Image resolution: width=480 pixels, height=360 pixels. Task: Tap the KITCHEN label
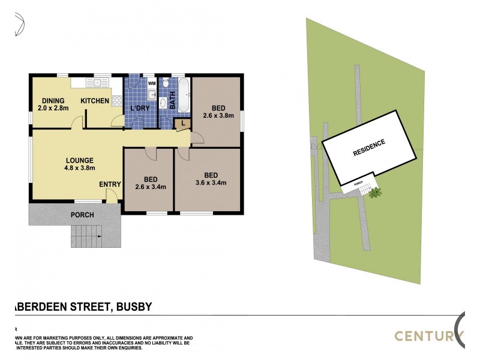(x=95, y=101)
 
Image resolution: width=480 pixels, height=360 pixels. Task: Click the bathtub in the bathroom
(x=183, y=94)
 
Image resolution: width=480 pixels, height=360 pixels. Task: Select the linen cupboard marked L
(x=182, y=124)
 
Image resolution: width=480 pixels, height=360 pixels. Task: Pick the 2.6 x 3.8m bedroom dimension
(x=218, y=116)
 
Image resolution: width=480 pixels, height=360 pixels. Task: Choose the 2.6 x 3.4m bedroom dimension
(x=150, y=187)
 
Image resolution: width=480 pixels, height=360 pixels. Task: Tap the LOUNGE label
(x=79, y=160)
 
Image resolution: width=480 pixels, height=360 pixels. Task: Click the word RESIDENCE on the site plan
(x=368, y=147)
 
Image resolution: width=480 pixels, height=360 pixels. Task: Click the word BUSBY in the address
(x=132, y=307)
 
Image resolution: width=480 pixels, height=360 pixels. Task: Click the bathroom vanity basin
(x=164, y=104)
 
